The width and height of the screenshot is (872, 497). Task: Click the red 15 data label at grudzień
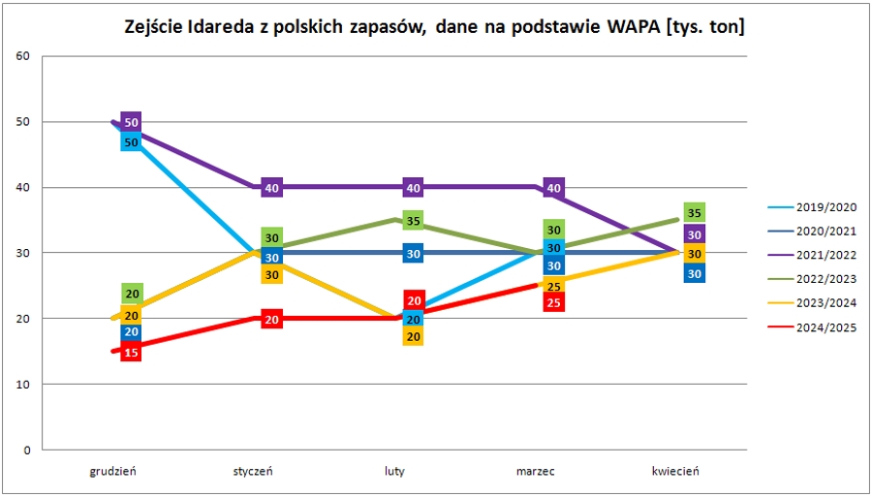[132, 352]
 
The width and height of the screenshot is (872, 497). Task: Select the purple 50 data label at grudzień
[132, 123]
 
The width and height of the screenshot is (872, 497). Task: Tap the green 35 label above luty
[414, 221]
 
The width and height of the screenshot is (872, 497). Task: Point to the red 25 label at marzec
[554, 302]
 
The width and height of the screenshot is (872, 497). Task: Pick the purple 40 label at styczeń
[272, 188]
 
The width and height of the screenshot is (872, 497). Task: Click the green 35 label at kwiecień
[695, 212]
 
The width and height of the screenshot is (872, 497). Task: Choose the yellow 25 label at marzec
[554, 286]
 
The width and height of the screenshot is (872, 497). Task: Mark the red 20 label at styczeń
[272, 320]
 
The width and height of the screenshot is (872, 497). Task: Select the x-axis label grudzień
[114, 472]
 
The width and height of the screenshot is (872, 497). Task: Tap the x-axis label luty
[395, 472]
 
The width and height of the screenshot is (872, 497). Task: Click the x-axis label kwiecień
[676, 472]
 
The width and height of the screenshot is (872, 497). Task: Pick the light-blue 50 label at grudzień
[132, 141]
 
